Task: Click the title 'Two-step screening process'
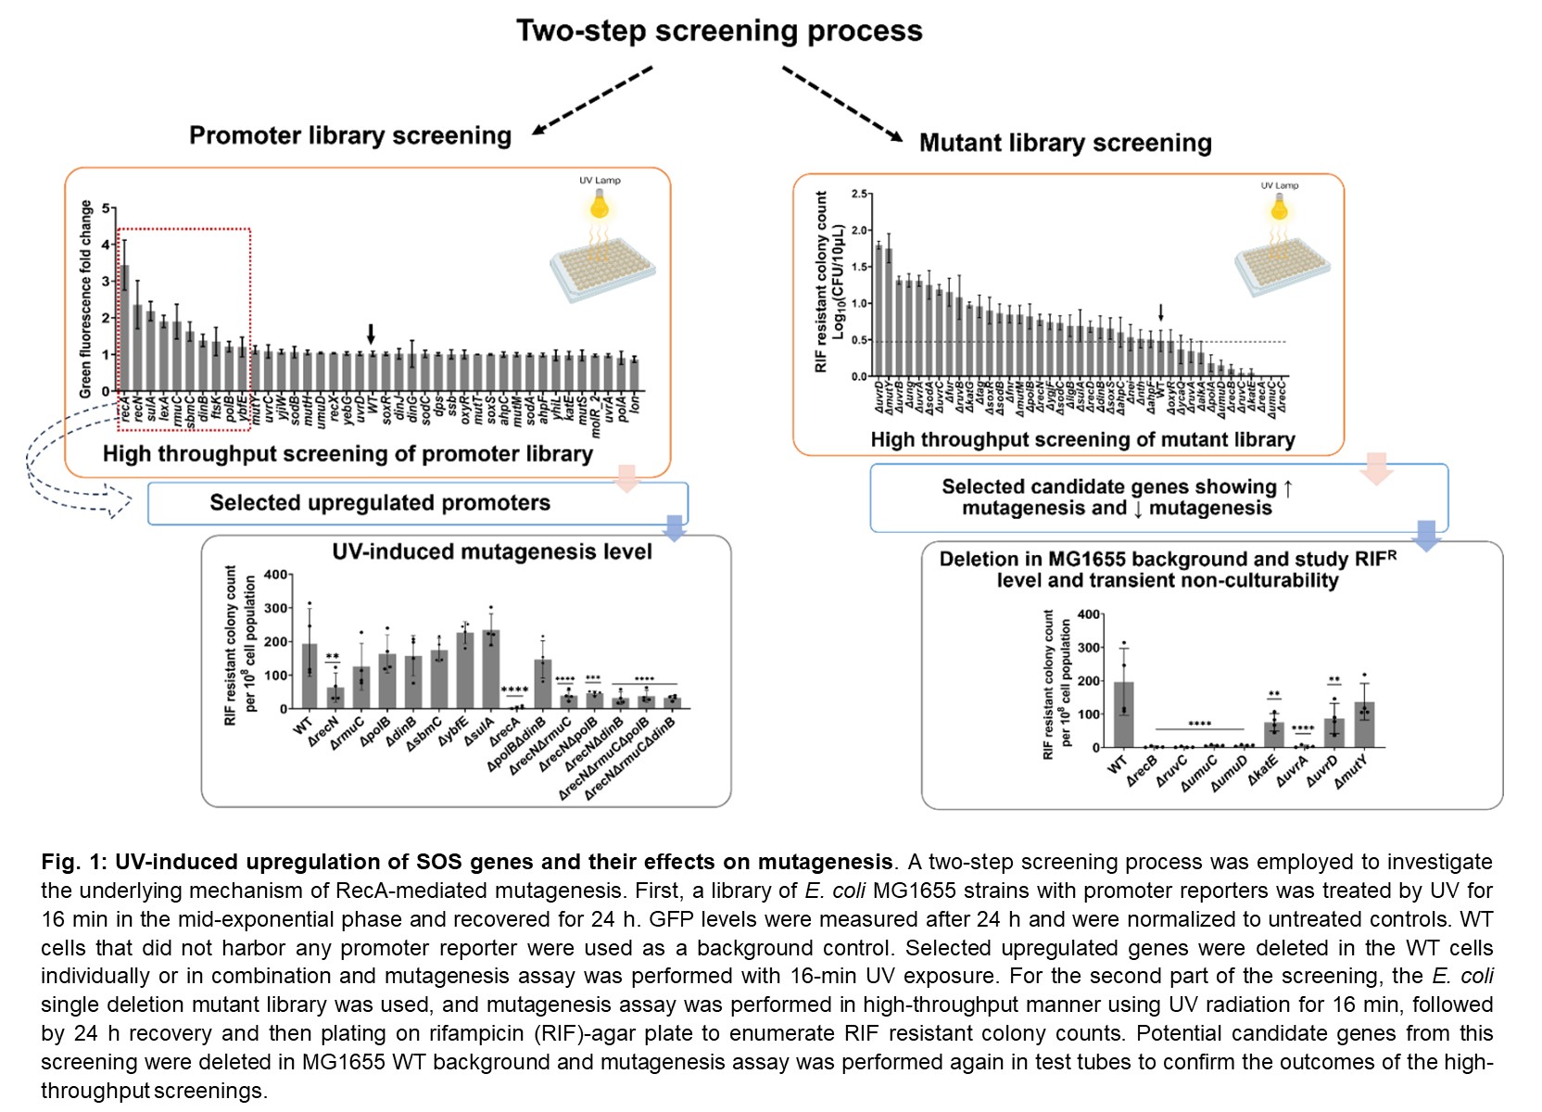719,31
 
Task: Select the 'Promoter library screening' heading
350,136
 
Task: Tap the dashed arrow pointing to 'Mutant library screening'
841,103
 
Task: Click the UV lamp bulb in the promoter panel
600,203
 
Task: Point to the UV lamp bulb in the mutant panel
1280,208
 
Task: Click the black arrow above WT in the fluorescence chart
371,334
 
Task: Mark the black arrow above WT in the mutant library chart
1160,313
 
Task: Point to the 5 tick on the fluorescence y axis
107,208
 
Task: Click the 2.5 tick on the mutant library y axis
860,194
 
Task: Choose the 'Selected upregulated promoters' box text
380,503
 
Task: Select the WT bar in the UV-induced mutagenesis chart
310,676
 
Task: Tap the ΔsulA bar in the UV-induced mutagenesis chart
491,669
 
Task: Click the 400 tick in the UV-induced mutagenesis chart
276,575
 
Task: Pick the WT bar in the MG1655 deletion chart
1123,714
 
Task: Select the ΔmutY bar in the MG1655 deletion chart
1364,725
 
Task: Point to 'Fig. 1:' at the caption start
74,863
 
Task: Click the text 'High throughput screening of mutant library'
1082,440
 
